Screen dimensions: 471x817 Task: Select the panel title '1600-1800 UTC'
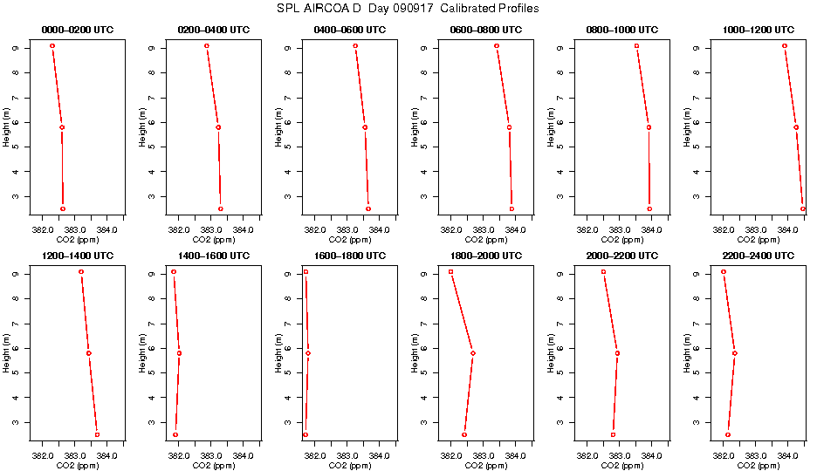(349, 256)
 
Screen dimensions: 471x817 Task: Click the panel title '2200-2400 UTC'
(758, 256)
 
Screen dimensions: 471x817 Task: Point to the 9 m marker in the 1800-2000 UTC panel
(451, 272)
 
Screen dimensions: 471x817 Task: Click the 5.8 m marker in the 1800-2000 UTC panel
(473, 353)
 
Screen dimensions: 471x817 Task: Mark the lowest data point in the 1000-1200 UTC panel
(803, 208)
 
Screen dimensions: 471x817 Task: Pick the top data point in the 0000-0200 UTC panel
(52, 45)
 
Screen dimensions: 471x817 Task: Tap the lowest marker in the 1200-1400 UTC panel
(97, 434)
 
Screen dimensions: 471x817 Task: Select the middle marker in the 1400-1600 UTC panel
(179, 353)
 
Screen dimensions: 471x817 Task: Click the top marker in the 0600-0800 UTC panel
(497, 45)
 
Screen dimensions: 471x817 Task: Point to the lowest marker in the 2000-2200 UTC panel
(613, 434)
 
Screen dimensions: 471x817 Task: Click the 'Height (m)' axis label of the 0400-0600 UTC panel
(278, 126)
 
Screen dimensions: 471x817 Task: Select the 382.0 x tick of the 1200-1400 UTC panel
(43, 456)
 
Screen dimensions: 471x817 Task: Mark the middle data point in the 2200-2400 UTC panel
(735, 353)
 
